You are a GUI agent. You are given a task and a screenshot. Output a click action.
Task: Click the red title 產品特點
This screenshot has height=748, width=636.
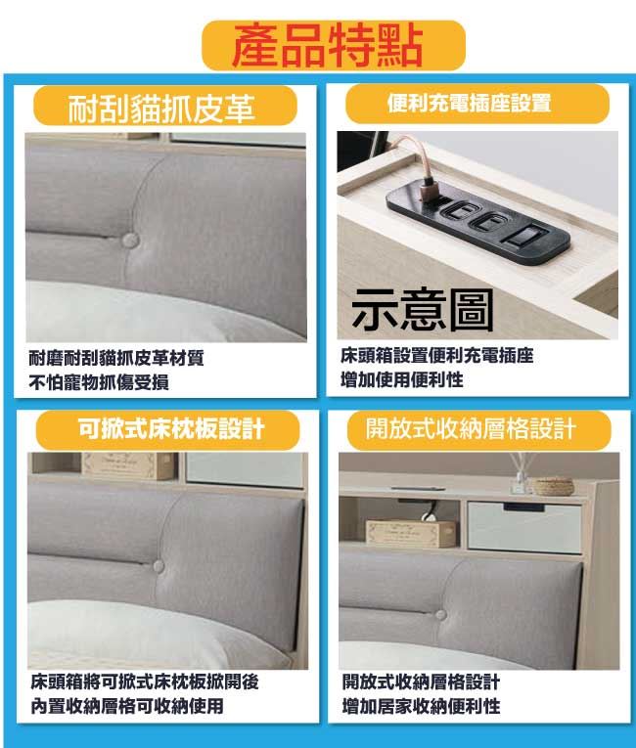pyautogui.click(x=328, y=46)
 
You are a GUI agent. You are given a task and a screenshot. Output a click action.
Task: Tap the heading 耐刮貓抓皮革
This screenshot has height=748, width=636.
pyautogui.click(x=161, y=109)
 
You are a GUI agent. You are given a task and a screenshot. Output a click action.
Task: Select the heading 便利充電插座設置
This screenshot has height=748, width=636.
pyautogui.click(x=469, y=103)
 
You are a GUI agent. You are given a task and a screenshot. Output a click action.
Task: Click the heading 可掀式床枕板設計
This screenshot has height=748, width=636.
pyautogui.click(x=171, y=428)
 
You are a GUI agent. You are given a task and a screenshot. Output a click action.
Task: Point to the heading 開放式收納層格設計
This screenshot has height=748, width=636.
pyautogui.click(x=471, y=428)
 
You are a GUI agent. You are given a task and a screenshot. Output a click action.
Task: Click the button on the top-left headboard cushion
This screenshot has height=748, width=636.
pyautogui.click(x=130, y=240)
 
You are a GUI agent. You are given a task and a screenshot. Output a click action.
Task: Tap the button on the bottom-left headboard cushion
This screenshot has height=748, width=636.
pyautogui.click(x=159, y=566)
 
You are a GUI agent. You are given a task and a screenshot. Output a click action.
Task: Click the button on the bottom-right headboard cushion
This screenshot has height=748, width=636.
pyautogui.click(x=440, y=614)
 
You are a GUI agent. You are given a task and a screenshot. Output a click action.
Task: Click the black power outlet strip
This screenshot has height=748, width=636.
pyautogui.click(x=477, y=217)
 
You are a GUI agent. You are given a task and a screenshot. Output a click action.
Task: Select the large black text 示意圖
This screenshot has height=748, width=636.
pyautogui.click(x=423, y=310)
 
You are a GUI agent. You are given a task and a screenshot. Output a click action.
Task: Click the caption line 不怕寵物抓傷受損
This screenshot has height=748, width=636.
pyautogui.click(x=99, y=382)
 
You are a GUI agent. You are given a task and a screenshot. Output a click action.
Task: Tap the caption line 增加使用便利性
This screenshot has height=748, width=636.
pyautogui.click(x=401, y=379)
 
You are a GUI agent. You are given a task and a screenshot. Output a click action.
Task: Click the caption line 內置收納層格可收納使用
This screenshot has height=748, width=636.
pyautogui.click(x=127, y=706)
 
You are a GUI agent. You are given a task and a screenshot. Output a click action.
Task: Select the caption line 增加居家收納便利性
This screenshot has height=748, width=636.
pyautogui.click(x=421, y=706)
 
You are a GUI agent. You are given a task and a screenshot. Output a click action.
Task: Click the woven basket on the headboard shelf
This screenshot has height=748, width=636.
pyautogui.click(x=554, y=487)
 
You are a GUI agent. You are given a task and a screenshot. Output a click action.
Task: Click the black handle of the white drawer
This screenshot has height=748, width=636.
pyautogui.click(x=523, y=506)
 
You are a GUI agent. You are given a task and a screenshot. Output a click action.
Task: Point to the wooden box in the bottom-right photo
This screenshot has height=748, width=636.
pyautogui.click(x=411, y=533)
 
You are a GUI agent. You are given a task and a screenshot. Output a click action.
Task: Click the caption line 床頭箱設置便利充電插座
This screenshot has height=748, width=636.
pyautogui.click(x=437, y=355)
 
